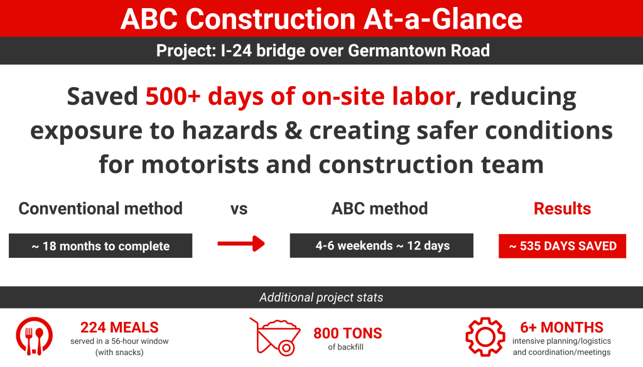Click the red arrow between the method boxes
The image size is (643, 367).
tap(241, 243)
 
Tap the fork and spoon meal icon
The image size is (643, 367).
tap(35, 336)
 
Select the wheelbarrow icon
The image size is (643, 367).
tap(275, 336)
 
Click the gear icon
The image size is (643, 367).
tap(485, 337)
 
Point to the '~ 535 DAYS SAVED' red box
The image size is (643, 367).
tap(562, 246)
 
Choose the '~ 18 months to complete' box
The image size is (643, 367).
tap(100, 246)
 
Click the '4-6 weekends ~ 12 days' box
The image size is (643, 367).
tap(381, 246)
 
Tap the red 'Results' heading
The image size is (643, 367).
tap(562, 209)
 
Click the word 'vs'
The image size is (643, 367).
tap(239, 210)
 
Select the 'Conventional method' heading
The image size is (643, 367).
tap(100, 209)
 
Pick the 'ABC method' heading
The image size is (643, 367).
tap(379, 209)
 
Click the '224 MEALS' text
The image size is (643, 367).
tap(119, 327)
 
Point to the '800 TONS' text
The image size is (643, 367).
tap(348, 333)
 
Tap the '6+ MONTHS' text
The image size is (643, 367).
tap(562, 327)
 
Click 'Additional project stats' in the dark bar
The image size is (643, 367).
tap(321, 297)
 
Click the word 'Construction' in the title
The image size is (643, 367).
tap(270, 19)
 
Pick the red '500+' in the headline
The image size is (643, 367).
tap(173, 97)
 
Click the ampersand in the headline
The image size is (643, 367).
tap(293, 130)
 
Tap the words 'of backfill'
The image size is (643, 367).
tap(346, 347)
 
